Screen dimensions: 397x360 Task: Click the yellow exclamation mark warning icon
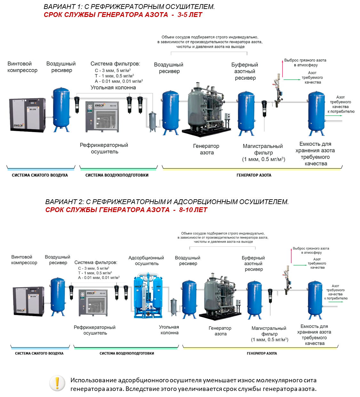57,383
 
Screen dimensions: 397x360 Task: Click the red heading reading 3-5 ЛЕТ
190,15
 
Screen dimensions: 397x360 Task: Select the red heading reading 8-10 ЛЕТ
193,210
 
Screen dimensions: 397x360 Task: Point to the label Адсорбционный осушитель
146,260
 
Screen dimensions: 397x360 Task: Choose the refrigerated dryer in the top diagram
102,116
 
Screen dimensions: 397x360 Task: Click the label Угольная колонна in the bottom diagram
169,330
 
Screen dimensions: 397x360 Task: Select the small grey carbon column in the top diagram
152,122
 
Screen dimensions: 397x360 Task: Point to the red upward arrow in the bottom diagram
291,256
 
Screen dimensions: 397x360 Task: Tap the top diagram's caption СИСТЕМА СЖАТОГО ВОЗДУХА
40,175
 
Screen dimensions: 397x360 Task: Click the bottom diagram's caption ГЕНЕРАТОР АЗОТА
262,353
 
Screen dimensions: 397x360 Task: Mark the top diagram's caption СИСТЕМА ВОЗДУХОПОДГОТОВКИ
117,175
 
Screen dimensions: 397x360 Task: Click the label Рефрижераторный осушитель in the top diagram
104,148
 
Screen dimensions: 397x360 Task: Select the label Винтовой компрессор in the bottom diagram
24,260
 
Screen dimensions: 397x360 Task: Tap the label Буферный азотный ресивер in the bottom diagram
253,264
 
